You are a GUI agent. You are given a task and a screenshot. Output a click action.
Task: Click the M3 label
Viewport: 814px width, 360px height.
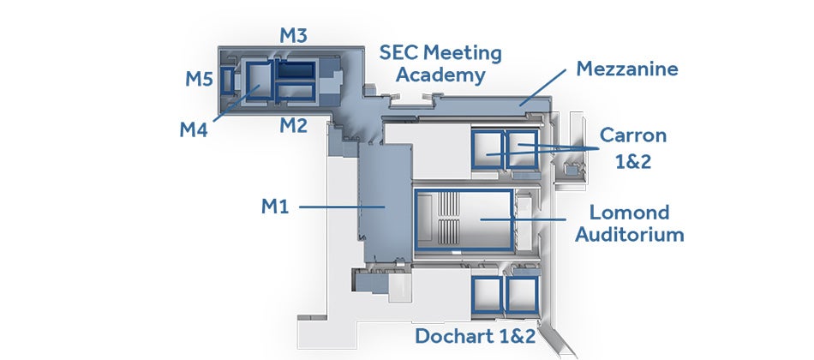[x=293, y=35]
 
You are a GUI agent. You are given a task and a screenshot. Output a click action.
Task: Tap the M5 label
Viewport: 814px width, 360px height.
[x=200, y=79]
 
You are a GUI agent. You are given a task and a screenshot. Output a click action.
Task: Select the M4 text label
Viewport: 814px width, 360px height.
[x=194, y=129]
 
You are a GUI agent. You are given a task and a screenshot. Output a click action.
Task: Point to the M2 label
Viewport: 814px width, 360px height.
[x=293, y=125]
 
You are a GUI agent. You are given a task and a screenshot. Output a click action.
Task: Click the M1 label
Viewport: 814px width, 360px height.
[x=275, y=207]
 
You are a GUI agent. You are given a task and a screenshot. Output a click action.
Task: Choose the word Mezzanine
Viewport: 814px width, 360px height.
[x=627, y=69]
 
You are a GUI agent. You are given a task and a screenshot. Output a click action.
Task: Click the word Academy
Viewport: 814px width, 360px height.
[x=440, y=75]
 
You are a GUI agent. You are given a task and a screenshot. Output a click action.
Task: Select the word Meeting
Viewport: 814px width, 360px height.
[x=463, y=53]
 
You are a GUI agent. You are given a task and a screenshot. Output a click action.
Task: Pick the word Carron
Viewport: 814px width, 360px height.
[x=633, y=135]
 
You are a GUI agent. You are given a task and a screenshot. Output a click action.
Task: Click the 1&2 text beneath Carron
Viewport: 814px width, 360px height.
[x=633, y=162]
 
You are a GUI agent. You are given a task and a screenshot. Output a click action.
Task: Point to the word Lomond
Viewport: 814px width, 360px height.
[x=630, y=213]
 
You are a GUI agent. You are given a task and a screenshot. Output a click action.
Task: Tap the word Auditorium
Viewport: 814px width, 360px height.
[x=630, y=235]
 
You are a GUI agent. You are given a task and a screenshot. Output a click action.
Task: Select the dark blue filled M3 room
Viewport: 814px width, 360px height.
[x=296, y=70]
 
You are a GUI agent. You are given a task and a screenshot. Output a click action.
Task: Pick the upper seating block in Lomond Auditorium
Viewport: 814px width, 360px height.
[x=449, y=203]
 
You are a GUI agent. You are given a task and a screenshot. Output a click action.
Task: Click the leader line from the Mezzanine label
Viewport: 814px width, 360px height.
[x=542, y=87]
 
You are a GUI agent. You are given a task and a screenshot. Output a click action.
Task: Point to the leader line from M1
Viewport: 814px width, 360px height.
[x=342, y=207]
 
